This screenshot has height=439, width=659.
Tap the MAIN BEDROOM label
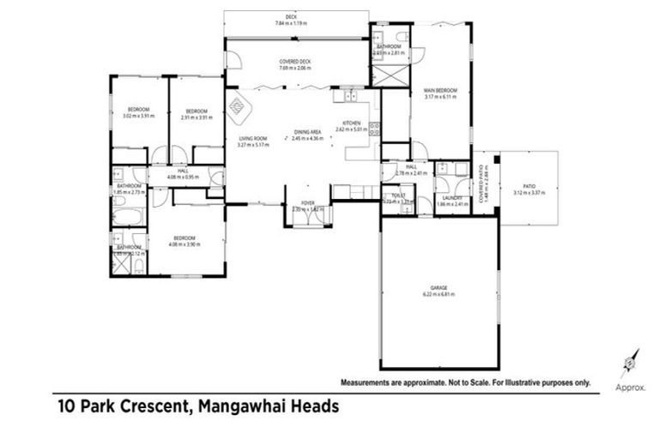point(440,90)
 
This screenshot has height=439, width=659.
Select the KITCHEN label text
point(351,123)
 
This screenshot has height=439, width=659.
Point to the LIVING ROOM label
point(253,138)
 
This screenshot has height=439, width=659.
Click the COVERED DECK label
point(294,62)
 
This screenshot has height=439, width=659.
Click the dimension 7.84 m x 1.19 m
point(290,23)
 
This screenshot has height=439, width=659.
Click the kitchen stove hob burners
point(374,130)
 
